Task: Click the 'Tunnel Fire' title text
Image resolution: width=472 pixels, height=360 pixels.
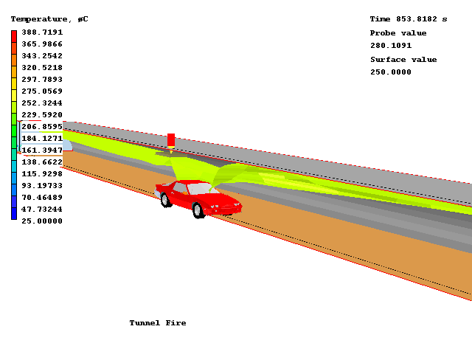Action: (158, 323)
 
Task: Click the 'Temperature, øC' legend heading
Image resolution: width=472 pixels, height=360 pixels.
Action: (49, 18)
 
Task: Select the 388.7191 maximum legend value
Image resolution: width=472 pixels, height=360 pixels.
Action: (41, 32)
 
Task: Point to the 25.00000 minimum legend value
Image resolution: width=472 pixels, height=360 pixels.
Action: (41, 221)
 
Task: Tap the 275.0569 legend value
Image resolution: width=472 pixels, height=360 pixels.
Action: (41, 91)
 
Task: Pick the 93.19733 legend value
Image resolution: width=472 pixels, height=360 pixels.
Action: (41, 185)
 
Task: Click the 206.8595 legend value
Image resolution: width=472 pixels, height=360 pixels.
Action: (41, 127)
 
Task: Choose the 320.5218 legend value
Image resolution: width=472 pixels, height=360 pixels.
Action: (41, 68)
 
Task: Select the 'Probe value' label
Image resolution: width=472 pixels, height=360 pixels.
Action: (398, 33)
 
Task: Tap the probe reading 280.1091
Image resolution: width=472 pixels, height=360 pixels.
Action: (391, 46)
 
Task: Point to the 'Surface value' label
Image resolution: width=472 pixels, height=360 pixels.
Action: (403, 60)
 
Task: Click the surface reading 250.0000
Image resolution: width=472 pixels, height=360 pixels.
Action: (391, 72)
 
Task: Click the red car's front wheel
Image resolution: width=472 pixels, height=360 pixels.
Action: (198, 210)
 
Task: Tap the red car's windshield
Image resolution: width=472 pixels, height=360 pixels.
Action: (199, 189)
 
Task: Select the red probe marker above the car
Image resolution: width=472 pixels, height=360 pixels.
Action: (171, 139)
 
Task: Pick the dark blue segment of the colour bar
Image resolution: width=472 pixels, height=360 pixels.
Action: (14, 214)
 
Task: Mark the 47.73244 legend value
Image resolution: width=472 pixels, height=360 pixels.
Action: (41, 209)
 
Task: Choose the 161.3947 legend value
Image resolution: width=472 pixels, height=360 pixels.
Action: (41, 150)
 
